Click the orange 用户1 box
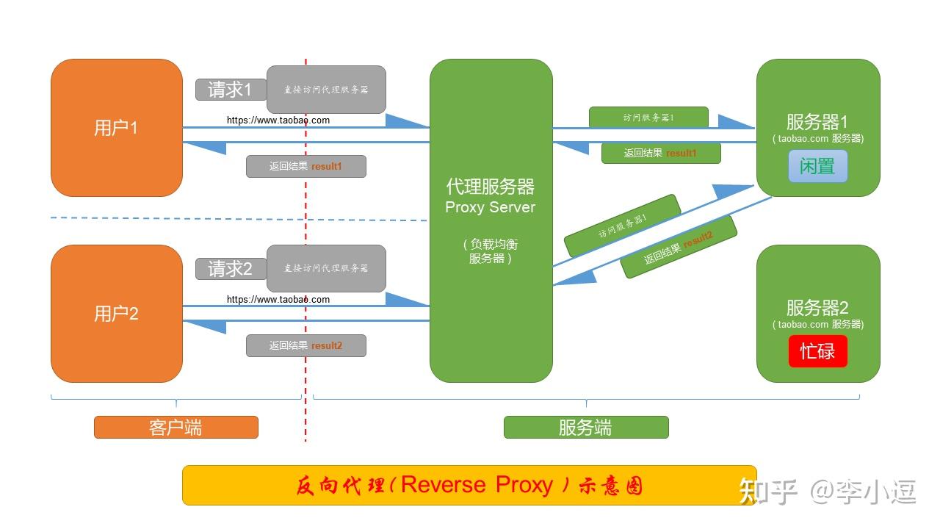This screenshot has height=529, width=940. point(116,128)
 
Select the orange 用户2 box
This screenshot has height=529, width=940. point(116,314)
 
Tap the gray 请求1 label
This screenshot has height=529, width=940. point(230,90)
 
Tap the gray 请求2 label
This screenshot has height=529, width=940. point(230,269)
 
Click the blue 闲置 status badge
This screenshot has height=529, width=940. point(817,166)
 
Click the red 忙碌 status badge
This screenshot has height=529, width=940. point(817,351)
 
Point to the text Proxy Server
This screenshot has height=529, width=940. point(490,207)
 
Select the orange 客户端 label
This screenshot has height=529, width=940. point(176,428)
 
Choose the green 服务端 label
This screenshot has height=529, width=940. point(585,428)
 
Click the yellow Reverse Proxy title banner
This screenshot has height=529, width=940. point(469,485)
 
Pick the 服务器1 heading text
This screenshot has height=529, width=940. point(817,122)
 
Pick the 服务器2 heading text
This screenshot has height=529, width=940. point(817,308)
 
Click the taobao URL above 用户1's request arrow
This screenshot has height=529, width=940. point(278,120)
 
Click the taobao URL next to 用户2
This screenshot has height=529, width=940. point(278,300)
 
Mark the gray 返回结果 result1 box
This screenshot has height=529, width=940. point(305,167)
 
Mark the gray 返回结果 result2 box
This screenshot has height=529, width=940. point(305,345)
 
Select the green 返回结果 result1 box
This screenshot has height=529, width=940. point(661,154)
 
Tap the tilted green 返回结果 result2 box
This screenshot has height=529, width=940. point(679,247)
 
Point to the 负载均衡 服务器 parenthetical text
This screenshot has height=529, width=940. point(490,251)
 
